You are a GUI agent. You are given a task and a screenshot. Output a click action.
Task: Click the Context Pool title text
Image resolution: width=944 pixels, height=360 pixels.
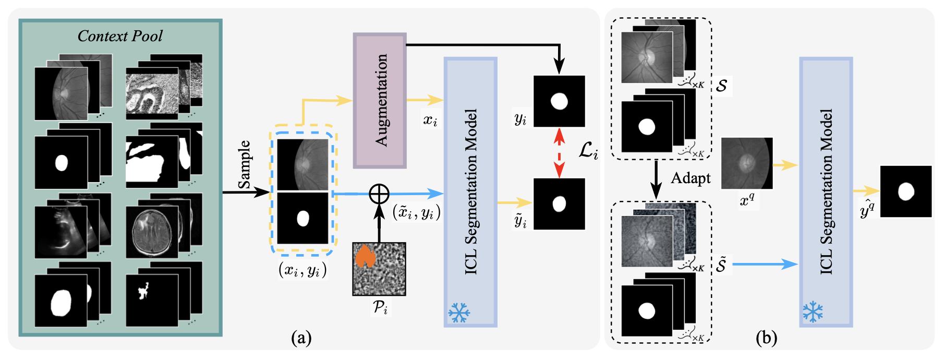(x=120, y=36)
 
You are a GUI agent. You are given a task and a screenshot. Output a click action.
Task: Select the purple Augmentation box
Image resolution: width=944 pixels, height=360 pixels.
(x=380, y=100)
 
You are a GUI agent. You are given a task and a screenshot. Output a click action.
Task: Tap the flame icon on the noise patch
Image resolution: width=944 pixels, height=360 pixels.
(x=365, y=256)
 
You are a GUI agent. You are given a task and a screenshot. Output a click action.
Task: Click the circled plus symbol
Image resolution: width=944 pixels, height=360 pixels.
(x=379, y=194)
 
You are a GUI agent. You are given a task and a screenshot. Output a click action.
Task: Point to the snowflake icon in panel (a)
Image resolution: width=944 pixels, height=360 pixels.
(x=459, y=313)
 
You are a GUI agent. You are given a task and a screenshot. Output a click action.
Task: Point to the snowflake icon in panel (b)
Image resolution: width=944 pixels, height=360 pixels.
(x=813, y=311)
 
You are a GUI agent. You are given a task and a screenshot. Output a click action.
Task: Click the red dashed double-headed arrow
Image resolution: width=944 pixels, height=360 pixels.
(x=559, y=152)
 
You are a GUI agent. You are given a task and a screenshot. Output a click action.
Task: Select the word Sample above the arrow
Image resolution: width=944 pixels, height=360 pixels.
(x=244, y=165)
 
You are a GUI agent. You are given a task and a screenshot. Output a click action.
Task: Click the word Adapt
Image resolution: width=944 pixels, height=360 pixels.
(x=691, y=178)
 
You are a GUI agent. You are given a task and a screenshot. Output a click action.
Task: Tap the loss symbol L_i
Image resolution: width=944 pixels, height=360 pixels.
(x=588, y=151)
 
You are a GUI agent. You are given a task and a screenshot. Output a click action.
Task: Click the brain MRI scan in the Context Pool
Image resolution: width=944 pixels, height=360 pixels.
(x=152, y=231)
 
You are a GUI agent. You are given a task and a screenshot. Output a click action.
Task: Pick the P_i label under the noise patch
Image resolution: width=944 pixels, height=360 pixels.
(x=380, y=308)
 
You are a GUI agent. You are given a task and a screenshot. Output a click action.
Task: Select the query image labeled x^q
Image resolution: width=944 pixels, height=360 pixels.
(x=746, y=163)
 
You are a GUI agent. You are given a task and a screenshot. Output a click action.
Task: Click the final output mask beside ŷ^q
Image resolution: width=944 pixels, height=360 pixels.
(x=906, y=191)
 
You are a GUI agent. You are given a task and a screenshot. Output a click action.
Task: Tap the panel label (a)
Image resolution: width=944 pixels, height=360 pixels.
(x=301, y=338)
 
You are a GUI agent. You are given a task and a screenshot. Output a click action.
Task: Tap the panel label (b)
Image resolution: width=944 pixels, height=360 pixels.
(x=766, y=338)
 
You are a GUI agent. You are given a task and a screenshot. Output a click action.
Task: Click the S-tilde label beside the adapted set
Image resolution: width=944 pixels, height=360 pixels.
(x=721, y=265)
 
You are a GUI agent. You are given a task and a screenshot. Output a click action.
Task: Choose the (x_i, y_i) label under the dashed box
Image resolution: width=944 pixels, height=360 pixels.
(x=302, y=270)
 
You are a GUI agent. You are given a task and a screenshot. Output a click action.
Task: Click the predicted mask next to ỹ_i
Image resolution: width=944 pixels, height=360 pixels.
(x=559, y=203)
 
